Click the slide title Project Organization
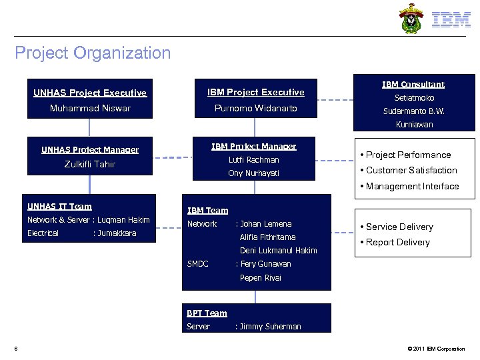pos(93,53)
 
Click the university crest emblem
pos(411,19)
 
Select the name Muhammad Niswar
pos(90,108)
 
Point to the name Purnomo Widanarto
pos(255,108)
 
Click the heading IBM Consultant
pos(413,85)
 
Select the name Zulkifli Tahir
pos(89,164)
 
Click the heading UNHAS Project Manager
pos(90,150)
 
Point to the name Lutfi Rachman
pos(253,160)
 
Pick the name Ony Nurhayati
pos(253,173)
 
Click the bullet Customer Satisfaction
pos(411,171)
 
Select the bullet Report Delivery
pos(397,243)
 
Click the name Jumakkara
pos(117,233)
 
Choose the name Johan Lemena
pos(267,224)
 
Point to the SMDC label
pos(198,264)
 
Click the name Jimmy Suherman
pos(271,327)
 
